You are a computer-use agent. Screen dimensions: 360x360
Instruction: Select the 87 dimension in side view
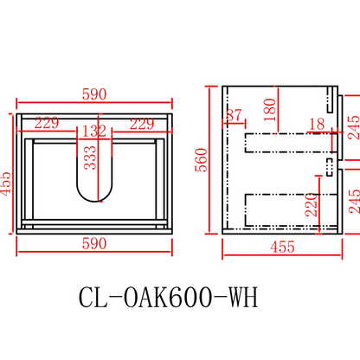click(234, 115)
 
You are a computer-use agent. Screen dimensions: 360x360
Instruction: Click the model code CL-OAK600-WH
click(167, 297)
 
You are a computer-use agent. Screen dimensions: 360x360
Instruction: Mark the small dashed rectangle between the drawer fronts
click(329, 164)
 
